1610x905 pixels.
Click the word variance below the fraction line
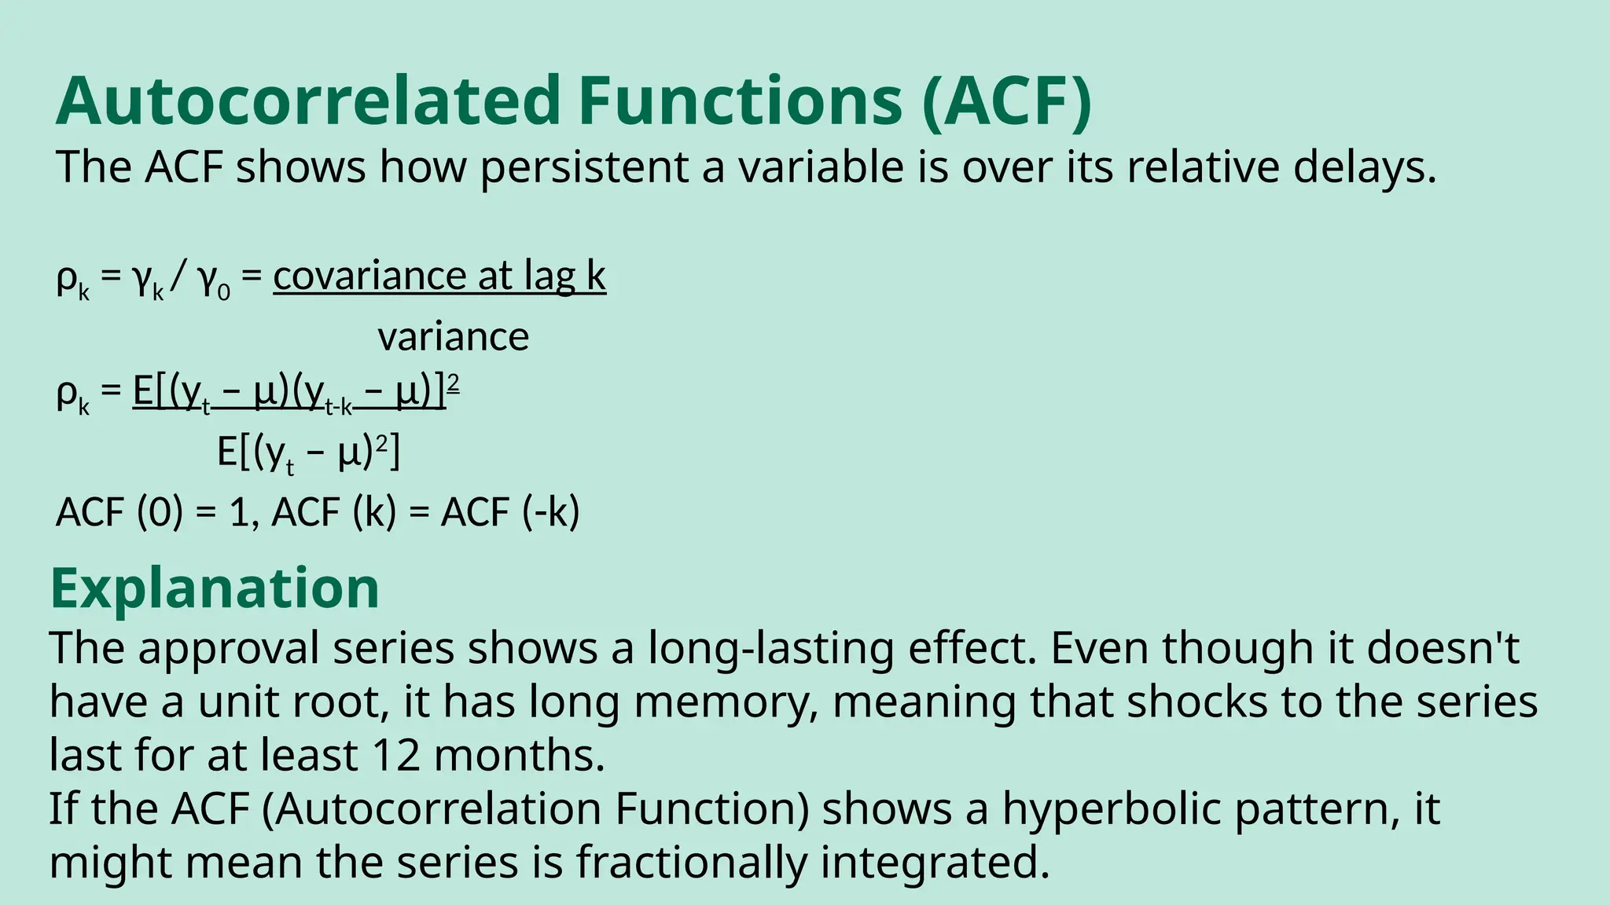point(454,337)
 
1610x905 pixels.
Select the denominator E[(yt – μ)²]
point(308,453)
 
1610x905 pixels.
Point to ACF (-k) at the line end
point(510,513)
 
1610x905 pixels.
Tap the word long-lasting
point(770,650)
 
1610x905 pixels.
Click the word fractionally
point(691,863)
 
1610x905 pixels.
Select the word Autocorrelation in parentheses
point(436,809)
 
